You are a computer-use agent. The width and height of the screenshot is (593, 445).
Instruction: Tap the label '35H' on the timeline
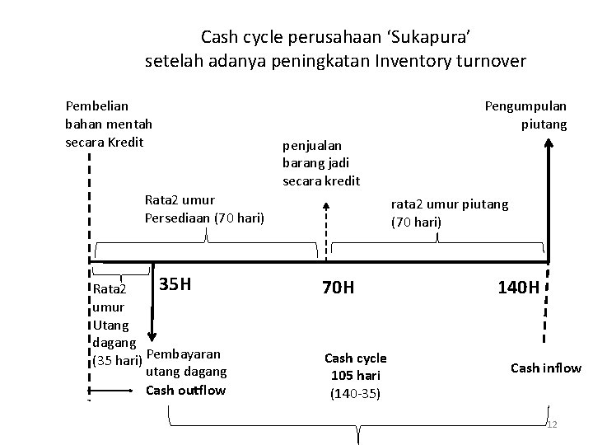(175, 285)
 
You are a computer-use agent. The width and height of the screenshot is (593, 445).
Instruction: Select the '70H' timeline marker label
(338, 288)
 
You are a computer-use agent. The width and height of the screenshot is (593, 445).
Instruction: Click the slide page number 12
(553, 424)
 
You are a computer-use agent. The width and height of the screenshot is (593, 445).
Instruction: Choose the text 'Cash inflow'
(546, 368)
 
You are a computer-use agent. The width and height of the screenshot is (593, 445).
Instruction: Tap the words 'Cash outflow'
(185, 390)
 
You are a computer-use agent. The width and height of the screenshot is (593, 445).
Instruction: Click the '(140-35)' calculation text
(355, 393)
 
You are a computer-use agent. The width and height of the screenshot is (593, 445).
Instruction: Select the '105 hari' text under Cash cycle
(355, 376)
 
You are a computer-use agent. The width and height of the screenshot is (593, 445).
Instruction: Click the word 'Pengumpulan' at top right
(525, 106)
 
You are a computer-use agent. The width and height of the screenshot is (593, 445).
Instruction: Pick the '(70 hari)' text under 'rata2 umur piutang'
(417, 222)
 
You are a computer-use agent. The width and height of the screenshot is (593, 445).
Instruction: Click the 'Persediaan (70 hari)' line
(204, 218)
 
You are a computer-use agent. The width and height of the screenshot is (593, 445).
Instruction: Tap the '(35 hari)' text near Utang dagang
(115, 361)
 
